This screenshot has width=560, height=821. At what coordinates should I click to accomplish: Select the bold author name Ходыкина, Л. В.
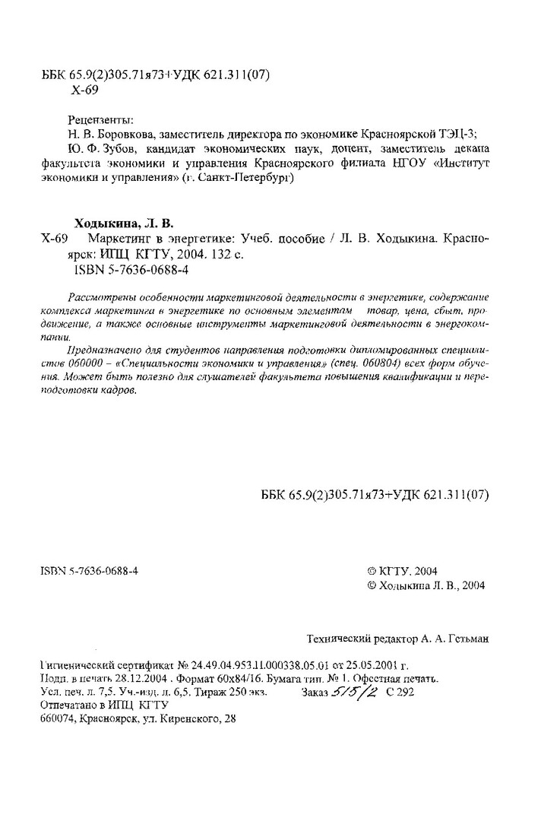point(123,223)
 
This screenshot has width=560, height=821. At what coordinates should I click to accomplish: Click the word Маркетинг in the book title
point(119,239)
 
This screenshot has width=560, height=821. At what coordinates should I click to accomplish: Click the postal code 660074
point(59,719)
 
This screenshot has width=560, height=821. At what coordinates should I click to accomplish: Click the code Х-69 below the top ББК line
point(84,89)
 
